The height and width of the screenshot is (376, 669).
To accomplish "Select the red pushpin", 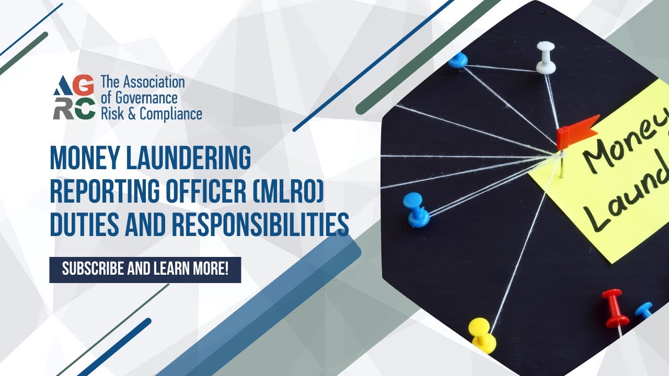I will click(614, 308).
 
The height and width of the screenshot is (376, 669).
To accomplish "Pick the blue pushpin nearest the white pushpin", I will click(458, 60).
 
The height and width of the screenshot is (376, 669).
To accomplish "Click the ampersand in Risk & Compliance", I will click(131, 114).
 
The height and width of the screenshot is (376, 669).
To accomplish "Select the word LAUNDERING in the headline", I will click(191, 159).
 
